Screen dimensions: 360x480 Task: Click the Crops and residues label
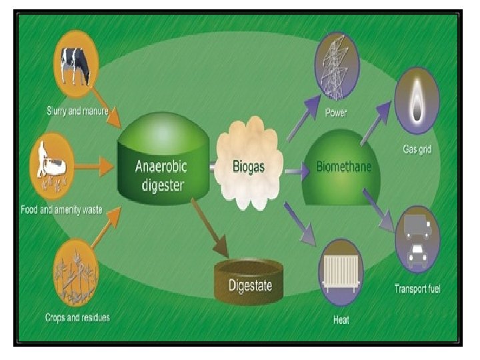pyautogui.click(x=78, y=317)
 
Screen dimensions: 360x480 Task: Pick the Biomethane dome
pyautogui.click(x=343, y=167)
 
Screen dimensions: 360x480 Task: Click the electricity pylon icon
pyautogui.click(x=337, y=65)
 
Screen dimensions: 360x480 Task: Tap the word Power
pyautogui.click(x=336, y=113)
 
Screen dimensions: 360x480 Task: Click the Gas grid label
pyautogui.click(x=417, y=149)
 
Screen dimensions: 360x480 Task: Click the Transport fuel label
pyautogui.click(x=417, y=289)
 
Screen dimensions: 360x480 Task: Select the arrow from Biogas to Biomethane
pyautogui.click(x=297, y=172)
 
